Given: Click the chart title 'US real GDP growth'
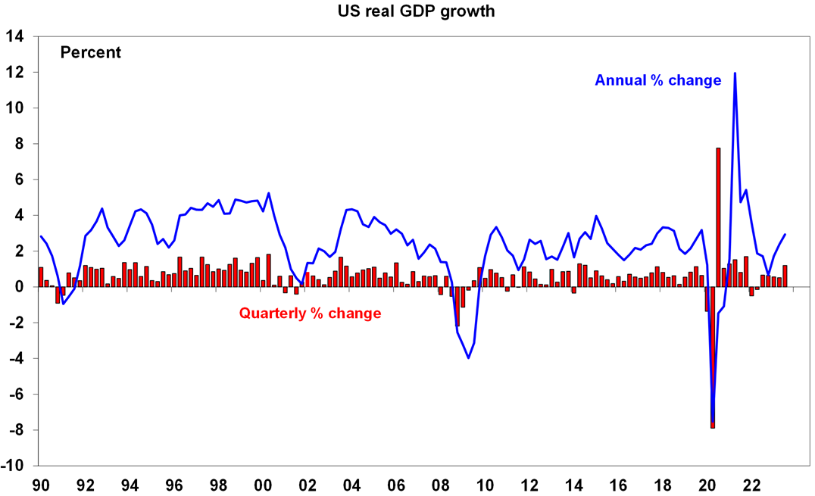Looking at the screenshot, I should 407,11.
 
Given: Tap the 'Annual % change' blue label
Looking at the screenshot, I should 657,80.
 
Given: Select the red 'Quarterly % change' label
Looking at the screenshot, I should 310,313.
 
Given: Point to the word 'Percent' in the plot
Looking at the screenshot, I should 91,53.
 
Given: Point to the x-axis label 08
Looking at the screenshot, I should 441,483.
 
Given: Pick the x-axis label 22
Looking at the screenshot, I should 752,483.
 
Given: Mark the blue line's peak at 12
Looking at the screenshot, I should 735,73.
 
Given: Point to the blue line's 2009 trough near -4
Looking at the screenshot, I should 469,357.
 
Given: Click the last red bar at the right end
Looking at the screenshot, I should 785,276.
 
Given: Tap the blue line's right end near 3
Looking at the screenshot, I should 785,235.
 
